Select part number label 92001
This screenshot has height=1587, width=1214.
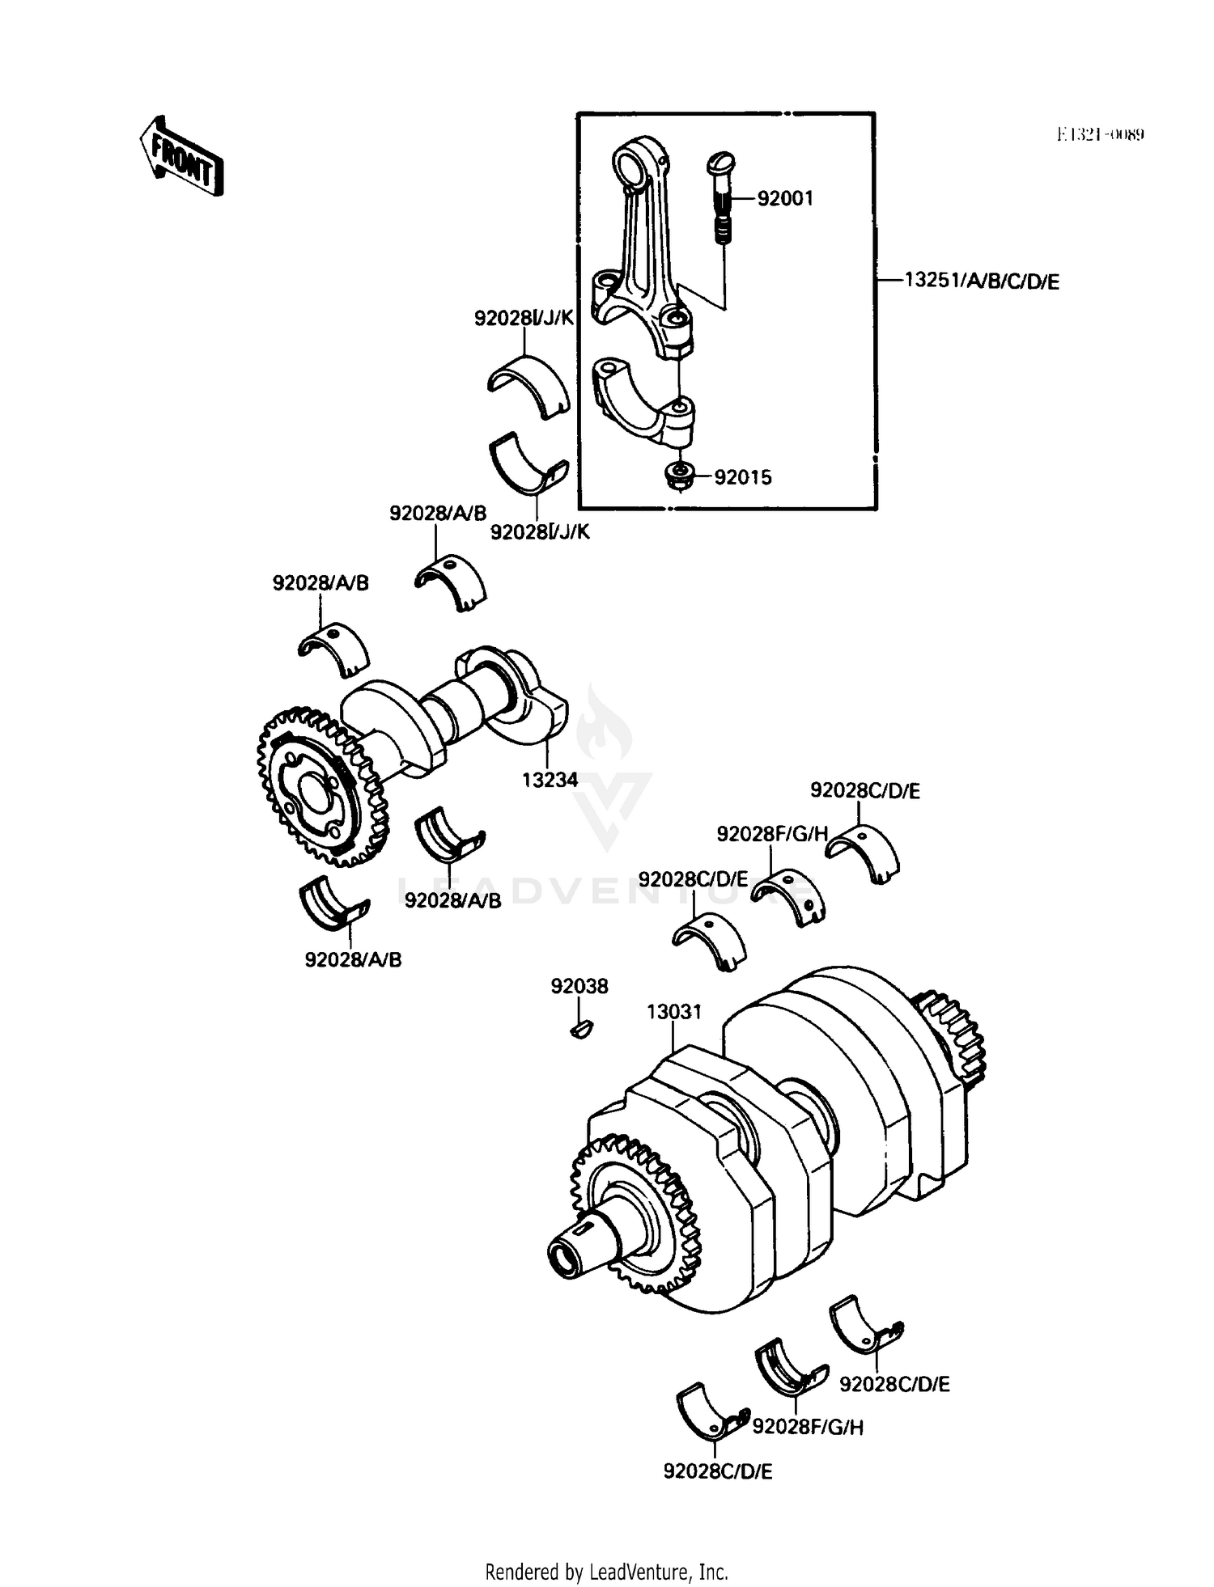click(784, 199)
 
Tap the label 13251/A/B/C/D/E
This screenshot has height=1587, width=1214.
click(981, 281)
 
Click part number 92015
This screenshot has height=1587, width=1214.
click(742, 477)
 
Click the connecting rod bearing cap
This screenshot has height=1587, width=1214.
click(645, 402)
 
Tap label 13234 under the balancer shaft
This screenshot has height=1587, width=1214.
click(550, 780)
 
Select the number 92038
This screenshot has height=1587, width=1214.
click(579, 986)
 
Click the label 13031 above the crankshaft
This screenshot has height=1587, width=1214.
click(674, 1012)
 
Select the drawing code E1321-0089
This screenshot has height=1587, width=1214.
click(1100, 134)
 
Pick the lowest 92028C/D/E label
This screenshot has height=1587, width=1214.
click(718, 1471)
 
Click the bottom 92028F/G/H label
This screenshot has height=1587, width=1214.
click(808, 1428)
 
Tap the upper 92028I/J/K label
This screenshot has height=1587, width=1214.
click(524, 319)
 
